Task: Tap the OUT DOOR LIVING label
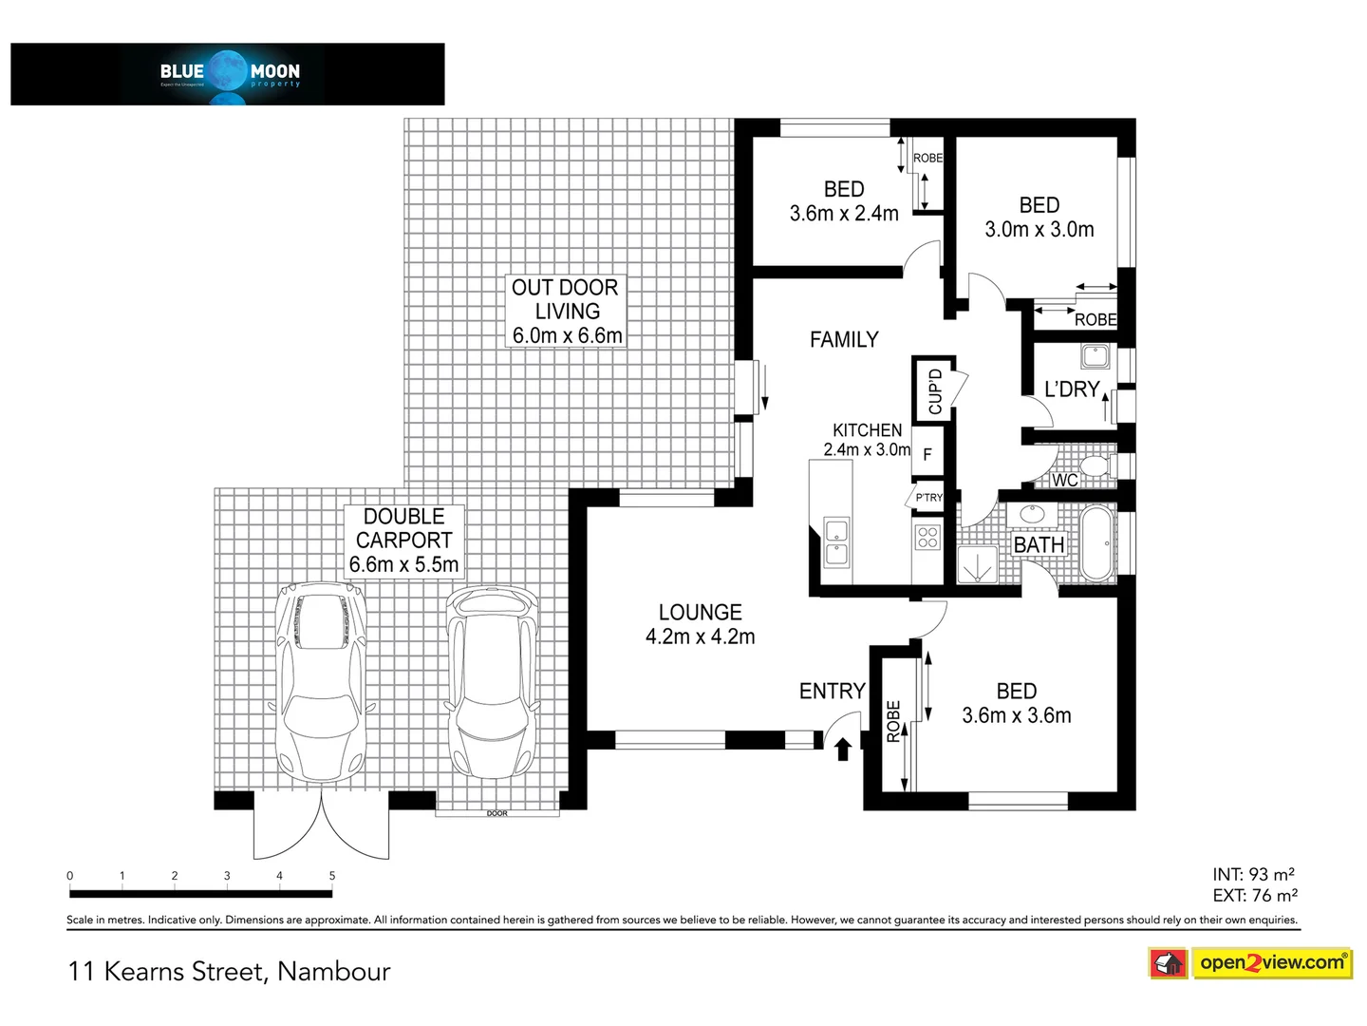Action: (x=566, y=312)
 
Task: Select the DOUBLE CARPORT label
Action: (x=404, y=541)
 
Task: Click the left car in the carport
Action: (x=321, y=680)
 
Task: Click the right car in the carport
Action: (x=491, y=680)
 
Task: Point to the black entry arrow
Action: (x=841, y=750)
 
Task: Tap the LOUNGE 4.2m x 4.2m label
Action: (x=701, y=625)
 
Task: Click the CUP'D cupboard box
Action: (x=934, y=389)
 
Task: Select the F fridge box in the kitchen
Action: (x=927, y=455)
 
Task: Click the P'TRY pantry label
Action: (x=927, y=498)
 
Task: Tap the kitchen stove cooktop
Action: (x=927, y=538)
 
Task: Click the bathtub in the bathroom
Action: (x=1098, y=543)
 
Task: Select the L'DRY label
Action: (x=1071, y=389)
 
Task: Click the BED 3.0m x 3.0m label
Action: (x=1039, y=218)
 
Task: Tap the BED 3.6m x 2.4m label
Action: (x=844, y=201)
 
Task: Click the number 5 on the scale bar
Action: (x=331, y=876)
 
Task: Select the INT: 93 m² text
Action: (x=1253, y=874)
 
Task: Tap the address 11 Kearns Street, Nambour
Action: (x=230, y=971)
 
